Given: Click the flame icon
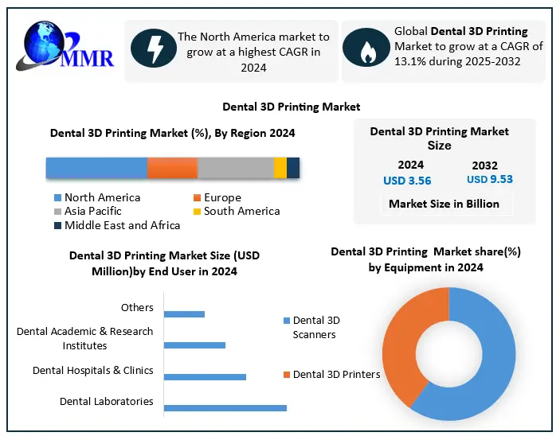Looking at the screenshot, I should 366,49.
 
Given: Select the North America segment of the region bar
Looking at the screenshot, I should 96,168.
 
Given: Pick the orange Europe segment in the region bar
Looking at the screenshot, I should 172,168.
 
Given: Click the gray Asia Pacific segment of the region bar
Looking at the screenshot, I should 235,168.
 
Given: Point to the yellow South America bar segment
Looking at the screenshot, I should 280,168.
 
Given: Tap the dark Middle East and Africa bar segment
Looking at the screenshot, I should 293,168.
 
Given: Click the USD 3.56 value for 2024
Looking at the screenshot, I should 407,181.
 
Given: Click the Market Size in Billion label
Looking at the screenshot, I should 444,204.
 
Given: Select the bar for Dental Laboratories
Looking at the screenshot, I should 225,408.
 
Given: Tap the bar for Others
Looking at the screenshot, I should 184,313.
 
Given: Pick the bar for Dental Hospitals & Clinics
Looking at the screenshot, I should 205,376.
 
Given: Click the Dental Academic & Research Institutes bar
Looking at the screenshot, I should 194,345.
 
